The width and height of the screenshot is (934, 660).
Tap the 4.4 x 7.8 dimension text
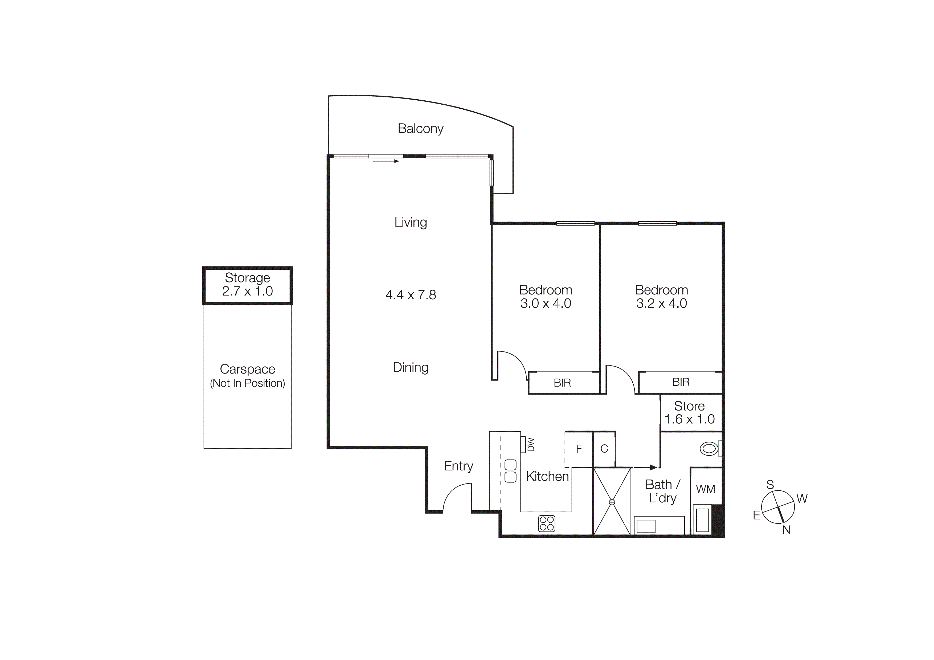pos(411,294)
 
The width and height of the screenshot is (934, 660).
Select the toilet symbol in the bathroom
pos(710,449)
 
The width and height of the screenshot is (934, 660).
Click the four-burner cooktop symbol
pos(546,523)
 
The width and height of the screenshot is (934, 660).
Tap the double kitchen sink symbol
pos(510,471)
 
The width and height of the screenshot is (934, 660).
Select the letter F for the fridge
pos(579,449)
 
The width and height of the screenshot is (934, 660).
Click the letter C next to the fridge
pos(604,449)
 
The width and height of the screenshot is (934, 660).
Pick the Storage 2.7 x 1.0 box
pos(247,285)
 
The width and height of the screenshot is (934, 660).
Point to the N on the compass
pos(786,530)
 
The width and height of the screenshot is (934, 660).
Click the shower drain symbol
pos(612,502)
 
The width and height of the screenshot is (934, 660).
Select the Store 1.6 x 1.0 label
pos(690,412)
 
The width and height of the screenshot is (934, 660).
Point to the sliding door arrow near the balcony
pos(386,161)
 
